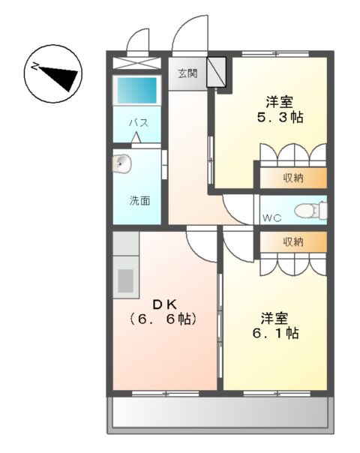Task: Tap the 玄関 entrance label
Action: pyautogui.click(x=187, y=73)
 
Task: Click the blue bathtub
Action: pyautogui.click(x=136, y=90)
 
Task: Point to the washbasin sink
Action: pyautogui.click(x=121, y=163)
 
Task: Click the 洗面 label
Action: pyautogui.click(x=139, y=200)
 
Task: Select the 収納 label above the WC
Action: pyautogui.click(x=293, y=178)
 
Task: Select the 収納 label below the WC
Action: pyautogui.click(x=293, y=241)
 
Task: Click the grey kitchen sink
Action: pyautogui.click(x=125, y=280)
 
